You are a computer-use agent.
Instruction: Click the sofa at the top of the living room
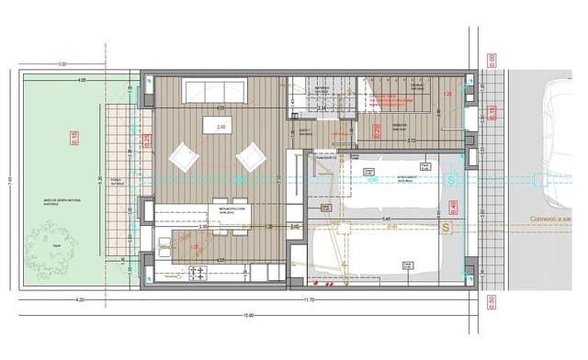coord(214,91)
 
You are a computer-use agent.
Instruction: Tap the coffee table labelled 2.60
coord(220,125)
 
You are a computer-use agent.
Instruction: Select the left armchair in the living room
coord(183,158)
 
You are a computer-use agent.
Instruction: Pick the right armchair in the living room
coord(250,158)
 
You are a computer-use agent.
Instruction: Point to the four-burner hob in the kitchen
coord(198,274)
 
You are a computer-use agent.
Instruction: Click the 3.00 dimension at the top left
coord(62,64)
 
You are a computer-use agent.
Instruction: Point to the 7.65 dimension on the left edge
coord(7,180)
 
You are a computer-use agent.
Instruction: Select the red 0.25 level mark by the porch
coord(147,140)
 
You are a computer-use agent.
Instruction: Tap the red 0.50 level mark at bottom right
coord(492,299)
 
